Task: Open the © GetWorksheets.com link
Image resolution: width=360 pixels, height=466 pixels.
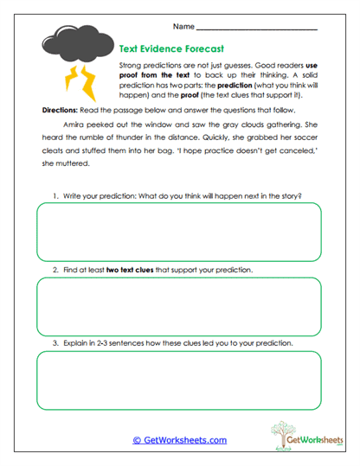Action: [x=179, y=439]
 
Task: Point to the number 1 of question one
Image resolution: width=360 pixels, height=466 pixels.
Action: [x=55, y=195]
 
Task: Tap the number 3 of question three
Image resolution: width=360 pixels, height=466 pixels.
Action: [x=55, y=343]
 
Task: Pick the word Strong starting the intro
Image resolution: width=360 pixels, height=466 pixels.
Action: [x=130, y=65]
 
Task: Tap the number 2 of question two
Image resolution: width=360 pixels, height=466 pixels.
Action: [x=55, y=270]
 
